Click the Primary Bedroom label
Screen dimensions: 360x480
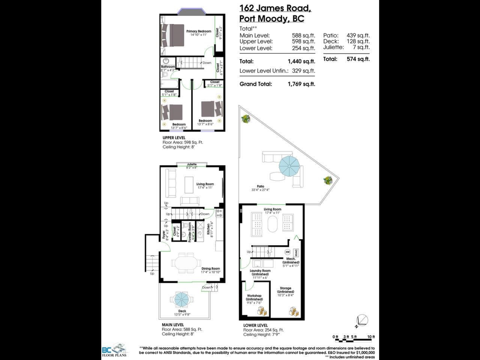click(x=199, y=31)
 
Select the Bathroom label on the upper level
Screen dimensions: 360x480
click(x=168, y=67)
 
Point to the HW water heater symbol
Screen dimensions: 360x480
click(x=287, y=252)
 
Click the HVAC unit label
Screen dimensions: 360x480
click(x=296, y=252)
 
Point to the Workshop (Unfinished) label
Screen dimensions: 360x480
click(x=254, y=298)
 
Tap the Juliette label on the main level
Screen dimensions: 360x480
click(x=191, y=164)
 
